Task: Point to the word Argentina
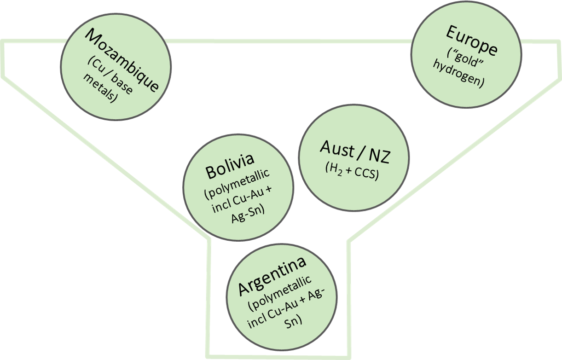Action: [x=272, y=276]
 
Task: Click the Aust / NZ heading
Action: [x=354, y=152]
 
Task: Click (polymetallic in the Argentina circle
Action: [x=279, y=293]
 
